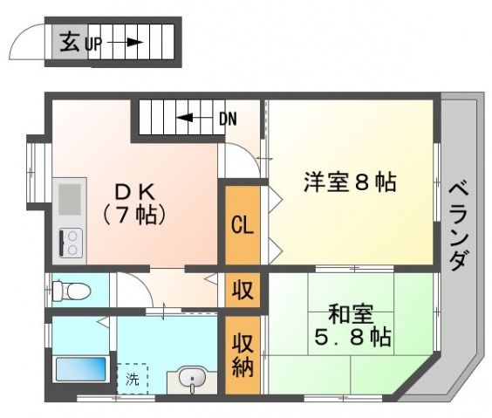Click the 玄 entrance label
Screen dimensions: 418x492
pos(71,40)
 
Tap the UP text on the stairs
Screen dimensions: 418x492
pos(93,43)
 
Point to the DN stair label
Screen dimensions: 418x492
pos(228,118)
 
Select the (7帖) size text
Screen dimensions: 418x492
pos(132,213)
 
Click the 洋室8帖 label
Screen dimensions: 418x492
pos(350,183)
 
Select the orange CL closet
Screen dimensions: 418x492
pos(243,224)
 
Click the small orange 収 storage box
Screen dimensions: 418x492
pos(243,289)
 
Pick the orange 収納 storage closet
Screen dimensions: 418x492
pos(243,354)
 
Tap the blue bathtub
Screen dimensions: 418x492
pos(81,369)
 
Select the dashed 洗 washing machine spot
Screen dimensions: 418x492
pos(133,379)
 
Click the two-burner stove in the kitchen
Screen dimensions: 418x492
pos(70,240)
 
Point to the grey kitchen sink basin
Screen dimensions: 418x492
pos(69,195)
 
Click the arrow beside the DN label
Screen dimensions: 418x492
pos(193,118)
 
